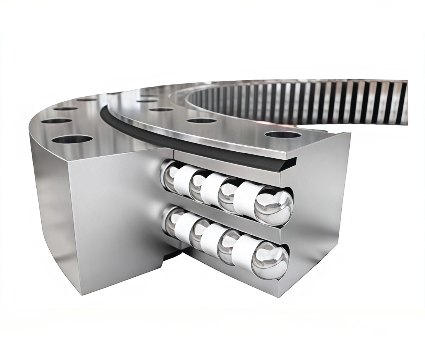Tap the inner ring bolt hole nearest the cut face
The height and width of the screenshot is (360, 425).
pyautogui.click(x=283, y=135)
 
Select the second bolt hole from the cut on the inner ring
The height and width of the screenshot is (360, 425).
pyautogui.click(x=202, y=120)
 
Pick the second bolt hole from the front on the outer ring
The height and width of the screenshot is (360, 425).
pyautogui.click(x=57, y=121)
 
